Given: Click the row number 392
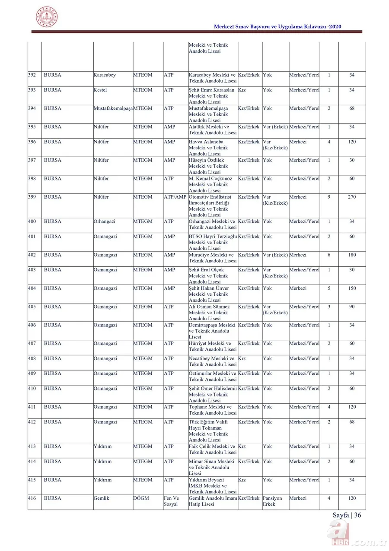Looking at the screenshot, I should (x=32, y=75).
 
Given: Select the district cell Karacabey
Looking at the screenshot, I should (x=105, y=75).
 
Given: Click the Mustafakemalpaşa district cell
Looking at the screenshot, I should (x=113, y=108).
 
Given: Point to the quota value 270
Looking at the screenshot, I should (x=352, y=197).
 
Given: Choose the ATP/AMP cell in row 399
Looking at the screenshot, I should (x=175, y=197).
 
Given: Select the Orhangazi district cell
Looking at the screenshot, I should (x=105, y=221).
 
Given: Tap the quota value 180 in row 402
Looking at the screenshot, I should (x=352, y=255).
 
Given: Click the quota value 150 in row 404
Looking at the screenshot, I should (x=352, y=288).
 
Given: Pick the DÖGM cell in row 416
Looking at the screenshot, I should (x=141, y=498).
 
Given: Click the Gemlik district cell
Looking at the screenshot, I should (x=102, y=498).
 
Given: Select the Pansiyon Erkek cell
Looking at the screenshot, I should (x=272, y=501).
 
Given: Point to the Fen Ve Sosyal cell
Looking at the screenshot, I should (x=172, y=501).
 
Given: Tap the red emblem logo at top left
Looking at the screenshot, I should (x=46, y=17).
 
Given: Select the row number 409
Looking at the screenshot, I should (x=32, y=374).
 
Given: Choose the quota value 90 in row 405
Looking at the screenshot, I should (x=352, y=306).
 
